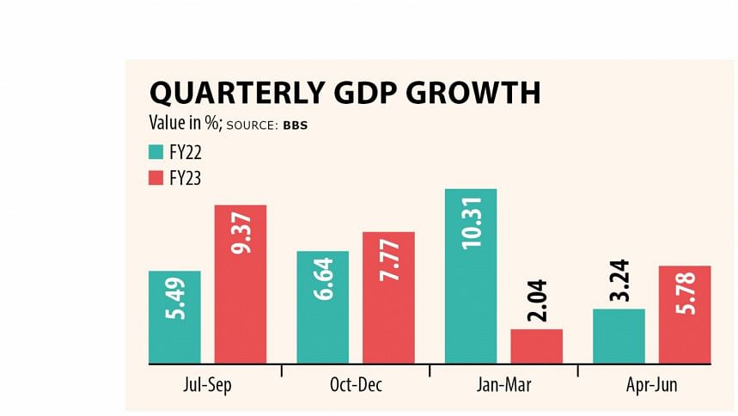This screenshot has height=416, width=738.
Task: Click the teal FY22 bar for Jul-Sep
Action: coord(174,317)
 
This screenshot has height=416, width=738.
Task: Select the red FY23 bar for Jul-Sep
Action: coord(240,284)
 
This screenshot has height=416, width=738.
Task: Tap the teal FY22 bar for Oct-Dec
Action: coord(322,307)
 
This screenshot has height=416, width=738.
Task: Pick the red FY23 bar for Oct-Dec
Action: coord(388,297)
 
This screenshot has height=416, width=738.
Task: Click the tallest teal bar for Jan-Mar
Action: coord(471,276)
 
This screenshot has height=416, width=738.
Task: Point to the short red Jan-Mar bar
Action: coord(536,346)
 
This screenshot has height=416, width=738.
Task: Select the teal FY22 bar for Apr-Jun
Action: coord(619,336)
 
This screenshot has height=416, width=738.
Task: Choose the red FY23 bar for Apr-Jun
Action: coord(685,315)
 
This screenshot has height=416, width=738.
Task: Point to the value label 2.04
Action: coord(537,302)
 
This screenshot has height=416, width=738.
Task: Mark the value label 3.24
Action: coord(619,281)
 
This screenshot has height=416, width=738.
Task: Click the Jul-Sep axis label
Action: coord(208,385)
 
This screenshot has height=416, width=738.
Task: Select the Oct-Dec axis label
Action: coord(356,385)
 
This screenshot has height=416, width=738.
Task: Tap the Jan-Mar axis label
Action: coord(503,385)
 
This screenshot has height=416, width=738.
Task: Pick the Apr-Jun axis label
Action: coord(651,385)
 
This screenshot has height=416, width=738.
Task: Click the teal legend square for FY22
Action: coord(156,152)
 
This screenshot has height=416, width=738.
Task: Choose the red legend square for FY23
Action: coord(156,178)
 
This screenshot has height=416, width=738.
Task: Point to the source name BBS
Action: coord(295,125)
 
